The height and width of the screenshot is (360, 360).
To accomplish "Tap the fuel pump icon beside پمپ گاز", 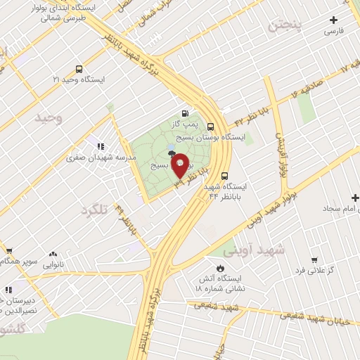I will point(185,112).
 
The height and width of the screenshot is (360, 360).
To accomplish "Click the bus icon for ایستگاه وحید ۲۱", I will point(78,70).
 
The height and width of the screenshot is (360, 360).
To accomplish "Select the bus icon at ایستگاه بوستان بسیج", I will point(210,127).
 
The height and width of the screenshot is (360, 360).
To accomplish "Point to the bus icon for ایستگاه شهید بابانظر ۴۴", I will point(225,176).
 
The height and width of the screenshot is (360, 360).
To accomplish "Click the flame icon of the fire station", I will point(220,269).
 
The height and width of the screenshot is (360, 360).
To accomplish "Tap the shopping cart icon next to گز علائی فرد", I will point(314,259).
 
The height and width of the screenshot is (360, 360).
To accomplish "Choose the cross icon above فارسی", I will point(333,20).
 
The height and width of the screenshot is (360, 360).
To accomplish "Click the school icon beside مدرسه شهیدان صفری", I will point(101,146).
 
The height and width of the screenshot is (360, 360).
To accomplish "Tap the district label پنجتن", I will point(288,27).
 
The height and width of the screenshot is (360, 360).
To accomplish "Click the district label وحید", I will point(49,118).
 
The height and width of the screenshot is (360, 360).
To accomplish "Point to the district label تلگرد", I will point(96,210).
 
